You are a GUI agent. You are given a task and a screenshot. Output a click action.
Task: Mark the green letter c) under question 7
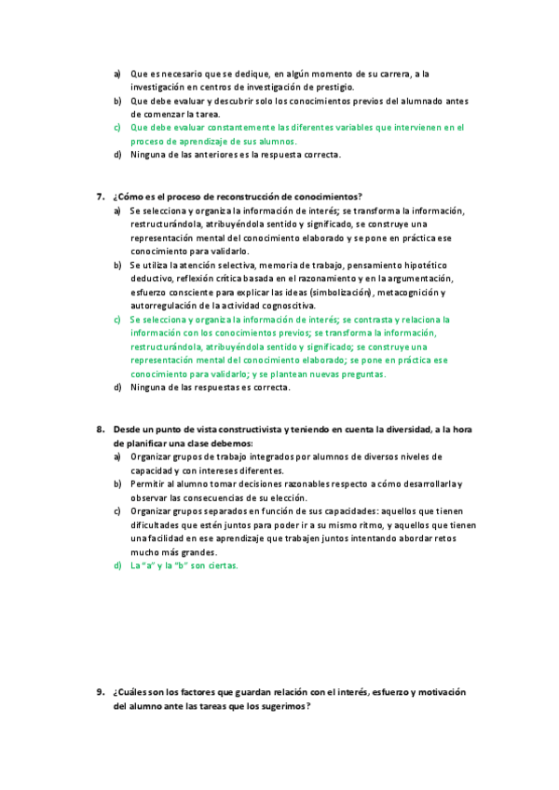click(x=117, y=319)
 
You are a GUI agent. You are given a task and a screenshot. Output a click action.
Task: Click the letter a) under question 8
click(x=117, y=456)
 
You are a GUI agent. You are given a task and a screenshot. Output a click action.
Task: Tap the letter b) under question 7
click(x=117, y=265)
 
